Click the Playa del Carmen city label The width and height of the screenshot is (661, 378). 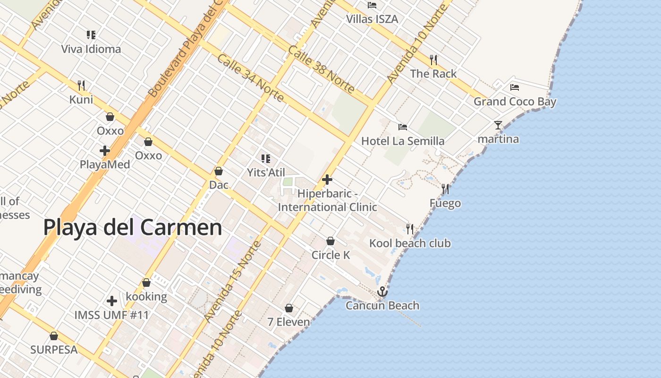click(133, 227)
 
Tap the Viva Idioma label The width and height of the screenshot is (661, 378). click(91, 49)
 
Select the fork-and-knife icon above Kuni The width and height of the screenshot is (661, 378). click(81, 85)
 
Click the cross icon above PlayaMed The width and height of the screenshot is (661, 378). click(105, 151)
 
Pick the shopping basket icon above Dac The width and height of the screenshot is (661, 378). click(219, 171)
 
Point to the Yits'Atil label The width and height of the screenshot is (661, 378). click(266, 172)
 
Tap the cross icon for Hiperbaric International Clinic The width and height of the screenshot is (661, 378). click(327, 180)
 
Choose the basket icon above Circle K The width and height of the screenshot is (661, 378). click(330, 241)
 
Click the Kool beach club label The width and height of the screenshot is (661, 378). click(410, 243)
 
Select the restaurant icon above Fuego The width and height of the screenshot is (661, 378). click(445, 189)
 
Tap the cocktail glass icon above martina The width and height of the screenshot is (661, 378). click(498, 125)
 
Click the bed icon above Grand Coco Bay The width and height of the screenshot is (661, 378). click(515, 87)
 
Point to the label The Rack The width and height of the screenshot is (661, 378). click(433, 74)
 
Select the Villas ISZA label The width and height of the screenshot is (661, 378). click(372, 19)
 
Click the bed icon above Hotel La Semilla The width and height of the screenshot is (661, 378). click(403, 127)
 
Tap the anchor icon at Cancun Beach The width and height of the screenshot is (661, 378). click(382, 291)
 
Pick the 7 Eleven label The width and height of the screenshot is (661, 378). click(289, 322)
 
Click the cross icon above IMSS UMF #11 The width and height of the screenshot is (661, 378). click(112, 301)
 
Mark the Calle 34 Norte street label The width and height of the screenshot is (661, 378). click(251, 78)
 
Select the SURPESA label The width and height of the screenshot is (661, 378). click(54, 350)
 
